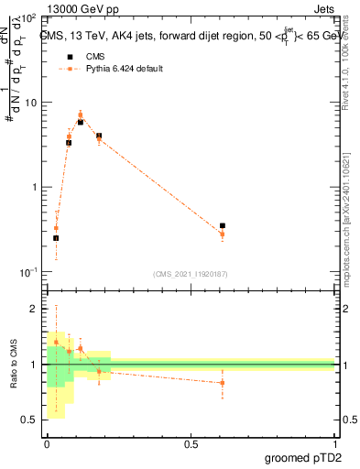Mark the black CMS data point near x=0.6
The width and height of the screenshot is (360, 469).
[x=223, y=225]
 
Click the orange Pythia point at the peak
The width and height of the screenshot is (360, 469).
[x=80, y=115]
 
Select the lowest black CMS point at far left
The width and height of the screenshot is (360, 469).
[x=56, y=238]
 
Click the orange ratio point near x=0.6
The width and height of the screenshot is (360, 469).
[x=223, y=383]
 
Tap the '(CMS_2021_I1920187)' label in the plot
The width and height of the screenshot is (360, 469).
[x=191, y=274]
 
